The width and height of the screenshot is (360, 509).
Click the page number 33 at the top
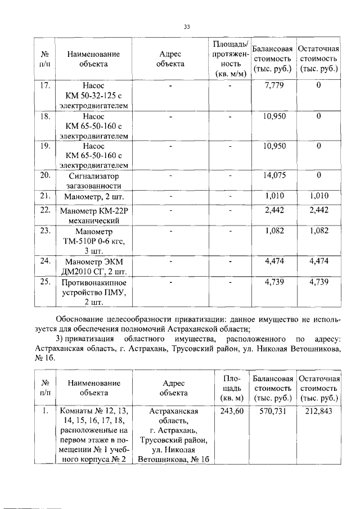click(x=187, y=26)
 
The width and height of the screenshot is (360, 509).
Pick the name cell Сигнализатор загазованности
click(x=93, y=181)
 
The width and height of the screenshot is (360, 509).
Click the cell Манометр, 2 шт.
click(x=93, y=197)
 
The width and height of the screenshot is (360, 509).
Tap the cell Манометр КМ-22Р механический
click(x=93, y=215)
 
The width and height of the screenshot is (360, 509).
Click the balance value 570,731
click(x=273, y=412)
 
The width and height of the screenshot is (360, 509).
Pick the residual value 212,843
click(x=319, y=412)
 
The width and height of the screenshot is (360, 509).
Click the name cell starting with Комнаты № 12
click(x=93, y=435)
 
